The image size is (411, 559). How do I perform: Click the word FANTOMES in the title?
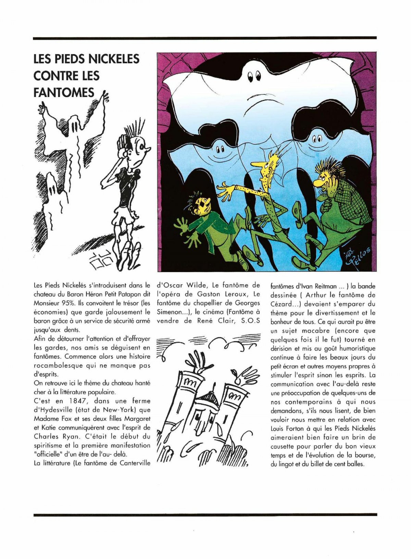pos(64,93)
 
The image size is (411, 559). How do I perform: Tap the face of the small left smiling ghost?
pos(220,151)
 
